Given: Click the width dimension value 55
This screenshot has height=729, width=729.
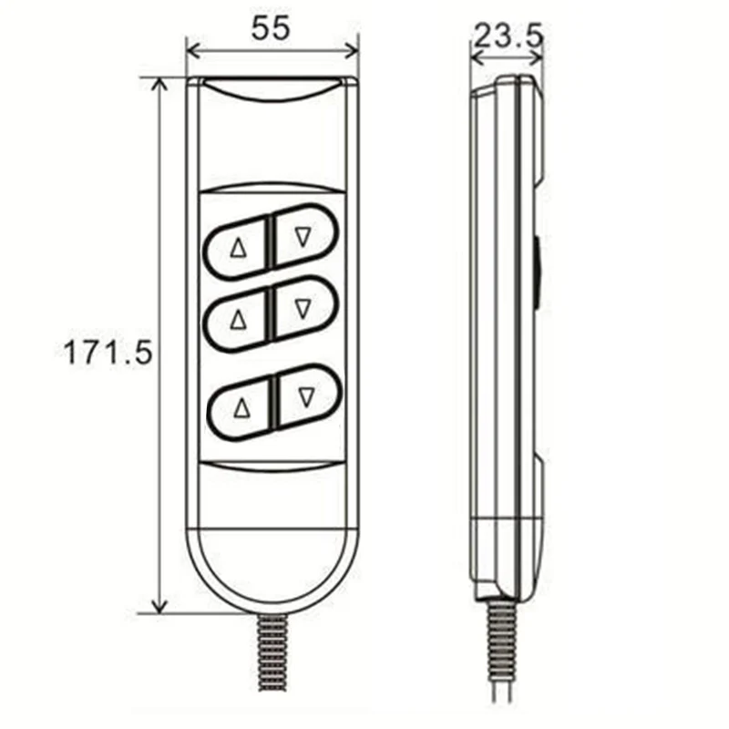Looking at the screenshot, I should click(x=271, y=28).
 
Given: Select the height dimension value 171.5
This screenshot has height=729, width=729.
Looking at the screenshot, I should click(x=108, y=351).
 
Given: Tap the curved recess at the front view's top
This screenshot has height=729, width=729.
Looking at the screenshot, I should click(x=272, y=90).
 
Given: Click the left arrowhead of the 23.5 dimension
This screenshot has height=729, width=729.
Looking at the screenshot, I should click(x=476, y=56).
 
